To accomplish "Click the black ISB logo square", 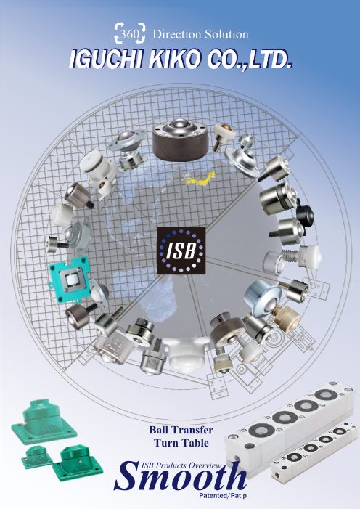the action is click(181, 251).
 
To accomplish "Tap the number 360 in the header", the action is click(129, 33).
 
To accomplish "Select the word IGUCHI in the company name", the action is click(106, 59).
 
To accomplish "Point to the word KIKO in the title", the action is click(175, 59).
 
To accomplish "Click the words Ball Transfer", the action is click(181, 430).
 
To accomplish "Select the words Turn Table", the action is click(181, 443).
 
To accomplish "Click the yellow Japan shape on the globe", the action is click(200, 179).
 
